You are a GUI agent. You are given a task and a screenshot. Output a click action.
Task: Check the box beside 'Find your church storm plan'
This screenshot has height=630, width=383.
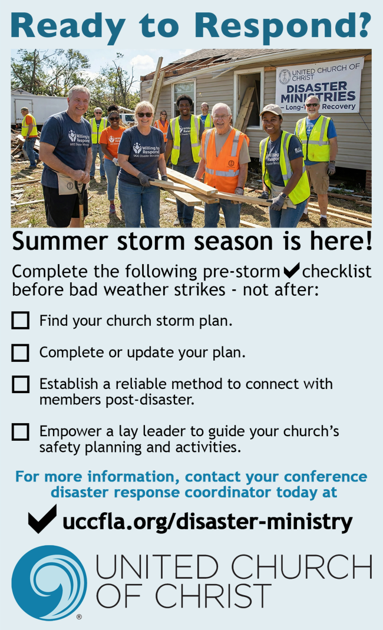20,321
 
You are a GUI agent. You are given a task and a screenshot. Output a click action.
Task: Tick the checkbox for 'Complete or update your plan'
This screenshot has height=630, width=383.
20,352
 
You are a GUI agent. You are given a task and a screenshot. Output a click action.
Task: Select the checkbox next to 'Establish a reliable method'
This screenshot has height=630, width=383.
20,384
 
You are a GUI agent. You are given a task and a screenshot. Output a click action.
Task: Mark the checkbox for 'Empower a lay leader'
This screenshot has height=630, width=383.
20,432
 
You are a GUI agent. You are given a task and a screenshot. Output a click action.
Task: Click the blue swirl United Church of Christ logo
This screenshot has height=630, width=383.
49,583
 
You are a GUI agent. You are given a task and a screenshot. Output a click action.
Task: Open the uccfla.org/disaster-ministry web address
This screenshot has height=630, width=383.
207,522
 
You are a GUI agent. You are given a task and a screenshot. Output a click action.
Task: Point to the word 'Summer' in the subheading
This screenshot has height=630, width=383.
60,242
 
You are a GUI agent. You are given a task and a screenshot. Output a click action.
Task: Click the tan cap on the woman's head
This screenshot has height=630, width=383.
271,110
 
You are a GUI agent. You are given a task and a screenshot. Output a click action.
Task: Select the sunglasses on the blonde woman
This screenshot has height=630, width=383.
145,115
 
